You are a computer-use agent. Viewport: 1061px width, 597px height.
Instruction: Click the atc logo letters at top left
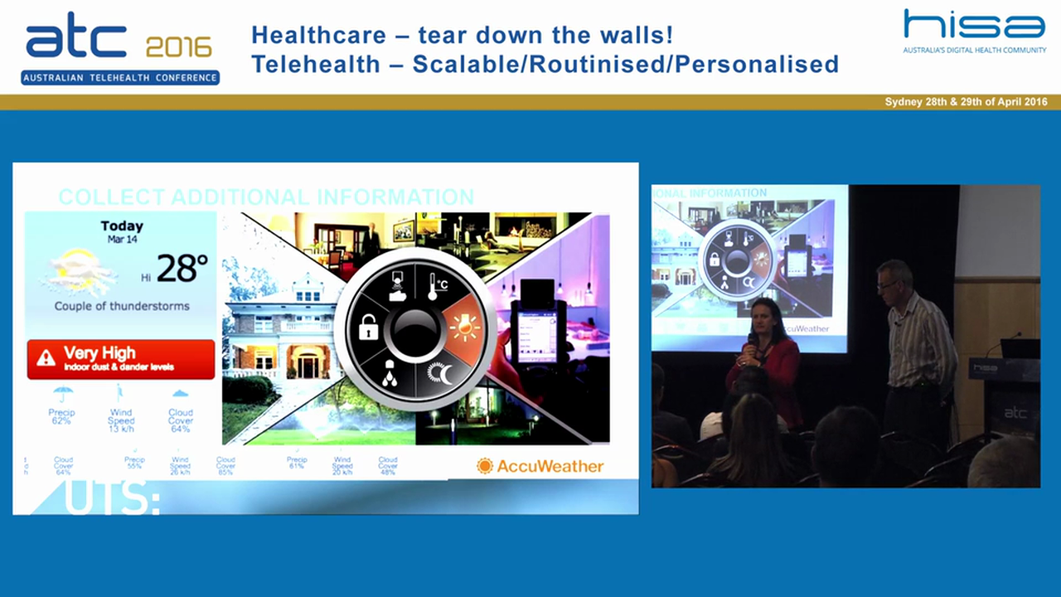coord(75,40)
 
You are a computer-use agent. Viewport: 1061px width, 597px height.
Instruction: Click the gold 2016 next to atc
coord(178,46)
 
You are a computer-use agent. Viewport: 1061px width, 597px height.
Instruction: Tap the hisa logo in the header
coord(974,25)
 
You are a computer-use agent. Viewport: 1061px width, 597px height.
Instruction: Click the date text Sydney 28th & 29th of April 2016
coord(966,102)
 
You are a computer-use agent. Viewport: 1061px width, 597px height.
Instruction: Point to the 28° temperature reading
coord(182,268)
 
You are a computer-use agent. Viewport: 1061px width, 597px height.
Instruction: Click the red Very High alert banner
coord(121,359)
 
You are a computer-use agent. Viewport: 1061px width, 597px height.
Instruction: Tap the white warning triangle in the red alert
coord(46,358)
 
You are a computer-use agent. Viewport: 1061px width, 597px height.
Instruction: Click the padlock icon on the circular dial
coord(368,328)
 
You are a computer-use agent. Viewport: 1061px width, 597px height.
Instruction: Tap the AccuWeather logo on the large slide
coord(540,466)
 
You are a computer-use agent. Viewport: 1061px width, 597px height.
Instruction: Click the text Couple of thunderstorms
coord(122,306)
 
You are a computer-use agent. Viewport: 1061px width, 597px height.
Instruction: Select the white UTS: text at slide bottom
coord(112,500)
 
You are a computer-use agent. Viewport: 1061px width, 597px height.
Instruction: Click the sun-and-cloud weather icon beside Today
coord(78,270)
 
